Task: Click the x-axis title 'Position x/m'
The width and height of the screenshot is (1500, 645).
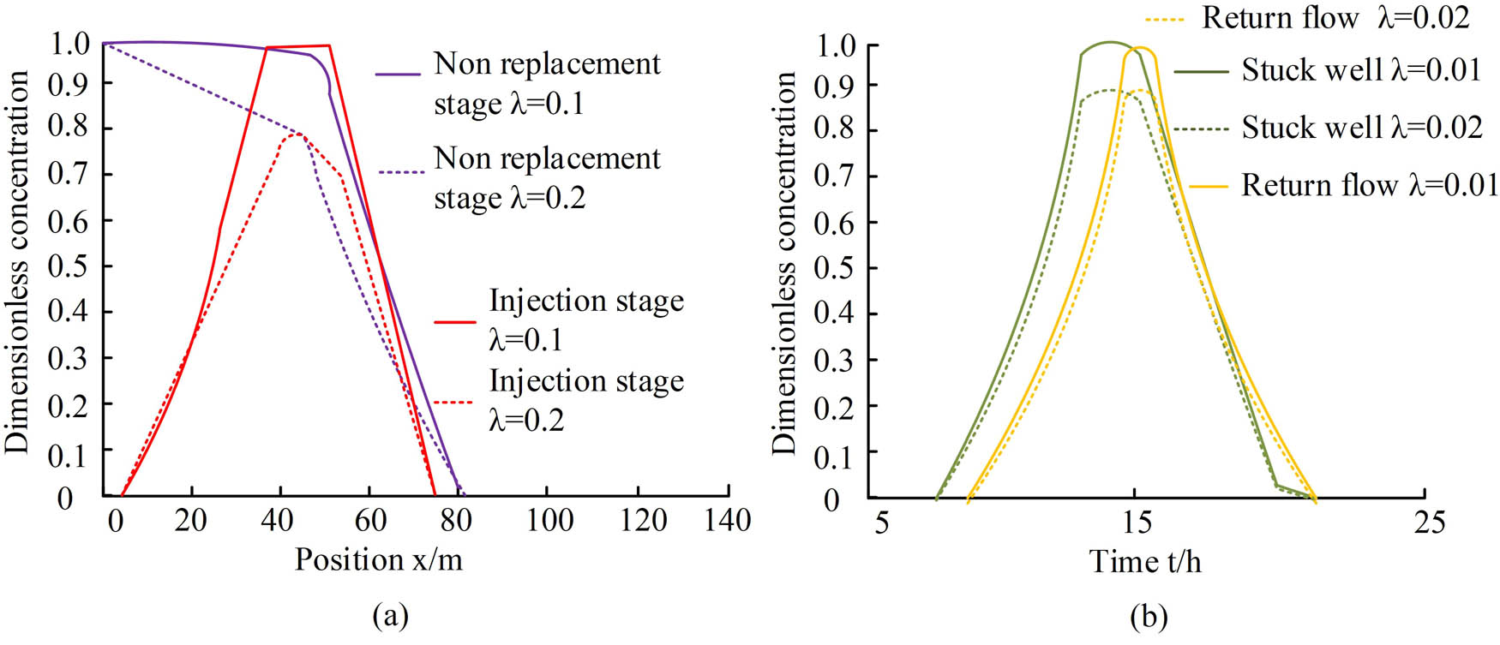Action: (378, 559)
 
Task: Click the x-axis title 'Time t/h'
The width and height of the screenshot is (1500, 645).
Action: (1144, 562)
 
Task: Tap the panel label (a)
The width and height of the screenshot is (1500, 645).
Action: (391, 615)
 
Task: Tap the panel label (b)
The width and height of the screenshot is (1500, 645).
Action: (1149, 615)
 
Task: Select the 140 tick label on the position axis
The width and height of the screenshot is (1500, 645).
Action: (727, 520)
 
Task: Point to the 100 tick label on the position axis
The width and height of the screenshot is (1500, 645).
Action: (549, 520)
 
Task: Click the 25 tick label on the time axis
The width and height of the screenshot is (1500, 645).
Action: (1429, 522)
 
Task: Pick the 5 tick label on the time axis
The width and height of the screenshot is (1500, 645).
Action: (882, 522)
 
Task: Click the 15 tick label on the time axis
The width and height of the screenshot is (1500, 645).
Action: (1137, 522)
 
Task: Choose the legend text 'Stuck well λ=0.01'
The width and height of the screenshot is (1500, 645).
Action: (1361, 70)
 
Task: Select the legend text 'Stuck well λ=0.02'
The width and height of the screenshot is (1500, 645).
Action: (1361, 128)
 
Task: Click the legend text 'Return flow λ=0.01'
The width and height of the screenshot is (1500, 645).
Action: (1369, 185)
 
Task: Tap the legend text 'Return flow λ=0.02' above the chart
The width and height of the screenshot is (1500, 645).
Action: (1335, 17)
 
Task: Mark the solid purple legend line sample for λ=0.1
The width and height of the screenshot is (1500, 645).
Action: (398, 75)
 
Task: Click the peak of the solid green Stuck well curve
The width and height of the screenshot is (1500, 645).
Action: (1109, 42)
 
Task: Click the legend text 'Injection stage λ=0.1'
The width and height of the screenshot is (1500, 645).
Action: (585, 320)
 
